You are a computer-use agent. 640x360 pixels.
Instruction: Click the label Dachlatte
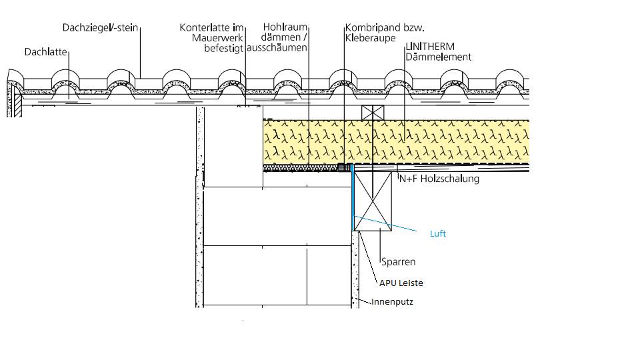47,51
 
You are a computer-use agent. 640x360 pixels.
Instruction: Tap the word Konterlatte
204,28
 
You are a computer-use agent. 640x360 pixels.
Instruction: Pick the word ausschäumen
277,48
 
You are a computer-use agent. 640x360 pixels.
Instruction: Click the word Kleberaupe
366,38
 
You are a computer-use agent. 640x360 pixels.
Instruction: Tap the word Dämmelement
438,57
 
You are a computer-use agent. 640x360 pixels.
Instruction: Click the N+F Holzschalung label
439,179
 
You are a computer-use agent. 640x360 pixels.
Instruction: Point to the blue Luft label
437,234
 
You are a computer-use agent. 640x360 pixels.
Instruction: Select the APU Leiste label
401,283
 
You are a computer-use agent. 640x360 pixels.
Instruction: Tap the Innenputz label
393,302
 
